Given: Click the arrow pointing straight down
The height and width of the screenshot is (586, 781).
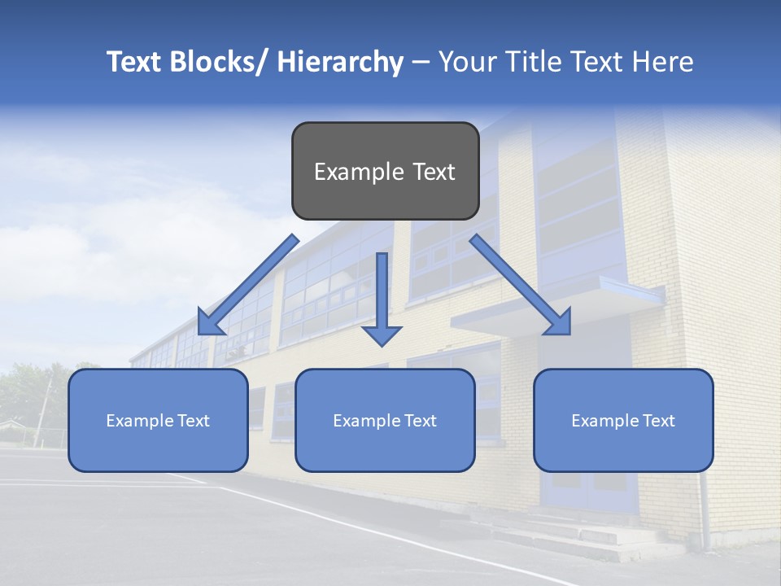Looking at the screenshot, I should pos(382,297).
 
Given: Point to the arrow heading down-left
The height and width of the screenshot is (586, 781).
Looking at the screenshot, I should pos(248,285).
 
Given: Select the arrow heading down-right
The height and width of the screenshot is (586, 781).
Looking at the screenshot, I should pos(521,285).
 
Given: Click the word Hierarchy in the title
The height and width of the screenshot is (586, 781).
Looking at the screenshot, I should pos(340,62).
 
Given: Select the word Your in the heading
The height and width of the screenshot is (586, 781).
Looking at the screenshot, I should pos(466,62).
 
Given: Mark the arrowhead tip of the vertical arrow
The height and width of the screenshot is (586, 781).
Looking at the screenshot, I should pos(382,345).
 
